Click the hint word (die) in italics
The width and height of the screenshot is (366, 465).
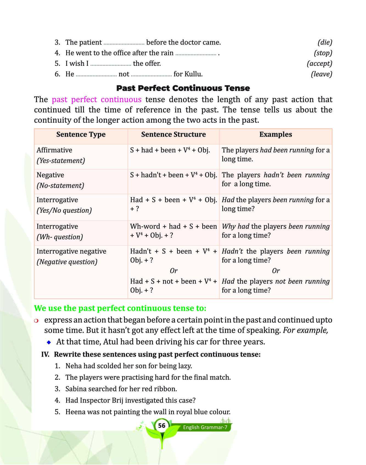(325, 43)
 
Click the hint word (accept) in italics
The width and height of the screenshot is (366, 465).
(319, 64)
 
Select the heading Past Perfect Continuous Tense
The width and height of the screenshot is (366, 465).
(183, 88)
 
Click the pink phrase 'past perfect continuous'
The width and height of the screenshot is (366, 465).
(97, 99)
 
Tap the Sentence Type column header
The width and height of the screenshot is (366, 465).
(81, 135)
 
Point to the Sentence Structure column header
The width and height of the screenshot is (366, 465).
(173, 135)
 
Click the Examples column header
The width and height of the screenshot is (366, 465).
(275, 135)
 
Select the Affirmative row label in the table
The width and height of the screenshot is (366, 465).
(54, 150)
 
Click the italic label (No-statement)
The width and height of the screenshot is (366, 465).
(60, 186)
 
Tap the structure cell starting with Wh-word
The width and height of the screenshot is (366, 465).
(173, 231)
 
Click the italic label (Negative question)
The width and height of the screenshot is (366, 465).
(67, 262)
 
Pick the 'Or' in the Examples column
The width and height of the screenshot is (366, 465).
(275, 271)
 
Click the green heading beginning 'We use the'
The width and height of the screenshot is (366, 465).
(120, 308)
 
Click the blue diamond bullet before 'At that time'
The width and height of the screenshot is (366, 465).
(49, 342)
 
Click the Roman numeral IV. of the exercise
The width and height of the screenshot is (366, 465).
(45, 354)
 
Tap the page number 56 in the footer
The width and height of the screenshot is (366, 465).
(162, 426)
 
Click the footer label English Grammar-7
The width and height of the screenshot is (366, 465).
(205, 427)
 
